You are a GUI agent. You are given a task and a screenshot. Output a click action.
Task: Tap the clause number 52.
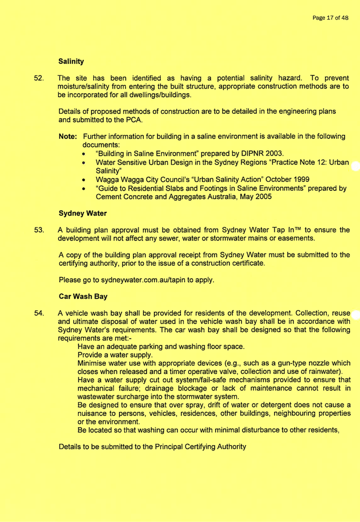[x=39, y=78]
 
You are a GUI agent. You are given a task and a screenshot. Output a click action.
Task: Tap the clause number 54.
[x=39, y=313]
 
